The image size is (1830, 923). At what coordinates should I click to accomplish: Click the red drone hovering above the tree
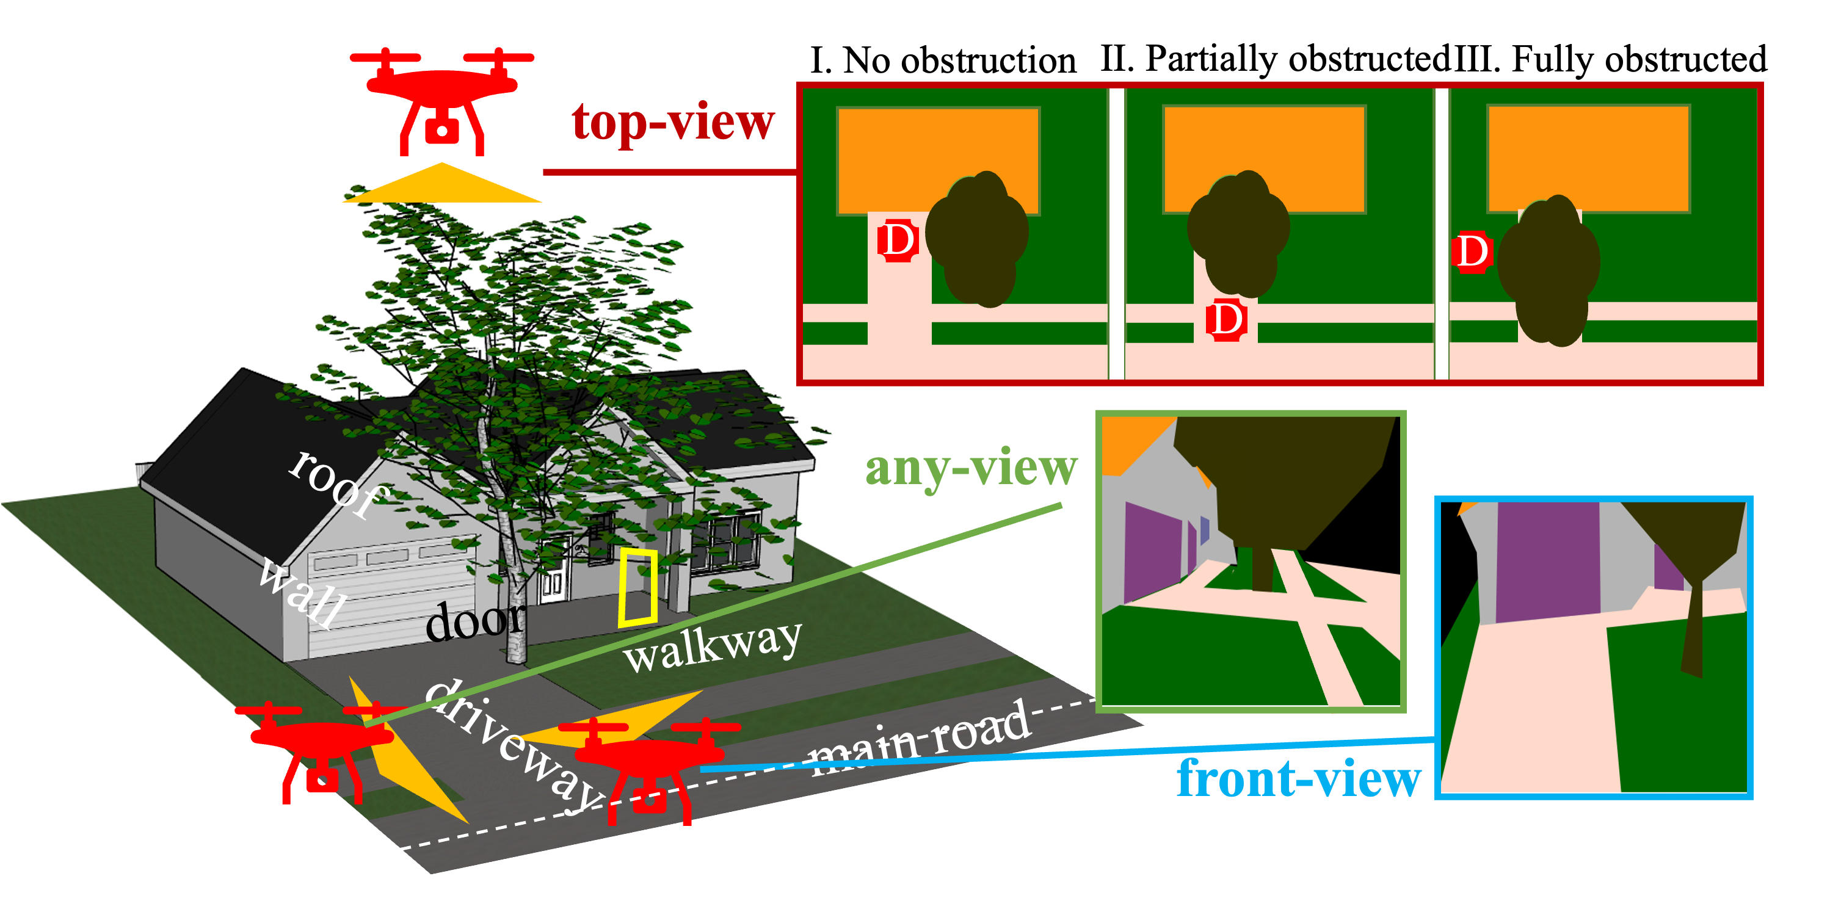442,100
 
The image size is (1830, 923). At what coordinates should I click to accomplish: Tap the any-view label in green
970,469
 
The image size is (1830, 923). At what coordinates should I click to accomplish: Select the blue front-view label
1299,780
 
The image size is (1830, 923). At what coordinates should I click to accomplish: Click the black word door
475,621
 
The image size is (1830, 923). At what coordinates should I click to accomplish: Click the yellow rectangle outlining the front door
637,587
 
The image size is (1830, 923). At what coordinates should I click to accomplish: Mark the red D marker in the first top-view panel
898,241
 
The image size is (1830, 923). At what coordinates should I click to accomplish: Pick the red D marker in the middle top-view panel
1226,319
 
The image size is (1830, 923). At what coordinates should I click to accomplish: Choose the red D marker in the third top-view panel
1472,252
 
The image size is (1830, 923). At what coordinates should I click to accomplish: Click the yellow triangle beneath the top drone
442,186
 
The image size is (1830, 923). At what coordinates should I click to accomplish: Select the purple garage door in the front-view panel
1547,561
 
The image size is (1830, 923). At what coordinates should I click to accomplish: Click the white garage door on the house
391,604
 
